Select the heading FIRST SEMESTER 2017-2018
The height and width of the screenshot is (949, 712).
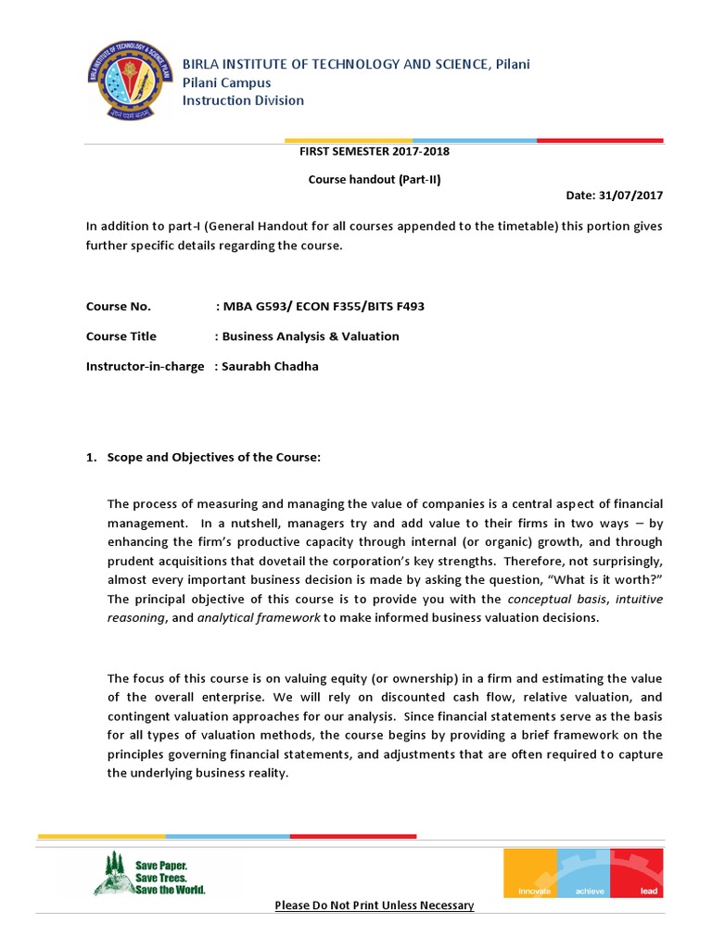click(375, 151)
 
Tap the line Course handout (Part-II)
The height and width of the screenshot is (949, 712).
click(375, 180)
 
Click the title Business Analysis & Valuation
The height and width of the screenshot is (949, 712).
click(311, 336)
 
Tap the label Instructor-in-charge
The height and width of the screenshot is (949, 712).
click(145, 366)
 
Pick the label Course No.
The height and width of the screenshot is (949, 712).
click(118, 307)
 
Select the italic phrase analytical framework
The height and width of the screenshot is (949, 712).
click(259, 618)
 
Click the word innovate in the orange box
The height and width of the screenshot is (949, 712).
click(528, 891)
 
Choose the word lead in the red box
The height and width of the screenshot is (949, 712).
click(648, 891)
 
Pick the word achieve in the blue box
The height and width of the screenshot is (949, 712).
click(590, 891)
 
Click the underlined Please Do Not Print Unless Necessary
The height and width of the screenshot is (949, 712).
click(374, 905)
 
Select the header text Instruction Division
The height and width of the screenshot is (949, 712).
click(242, 100)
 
